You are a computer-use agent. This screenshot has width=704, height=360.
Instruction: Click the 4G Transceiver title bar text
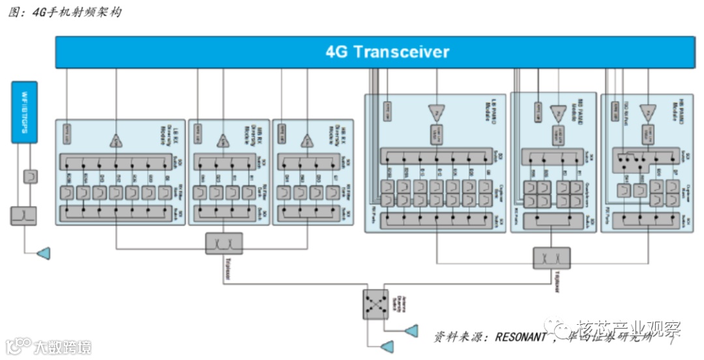(x=387, y=52)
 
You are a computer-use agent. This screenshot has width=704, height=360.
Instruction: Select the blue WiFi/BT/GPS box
(x=25, y=112)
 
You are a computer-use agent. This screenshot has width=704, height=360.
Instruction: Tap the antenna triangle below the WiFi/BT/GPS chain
(x=43, y=252)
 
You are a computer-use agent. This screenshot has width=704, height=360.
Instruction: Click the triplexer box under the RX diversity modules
(x=224, y=243)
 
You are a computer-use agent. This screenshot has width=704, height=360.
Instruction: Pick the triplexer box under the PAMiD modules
(x=551, y=258)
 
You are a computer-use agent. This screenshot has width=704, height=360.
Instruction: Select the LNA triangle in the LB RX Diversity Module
(x=116, y=140)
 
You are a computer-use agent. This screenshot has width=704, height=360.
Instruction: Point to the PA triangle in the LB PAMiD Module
(x=435, y=112)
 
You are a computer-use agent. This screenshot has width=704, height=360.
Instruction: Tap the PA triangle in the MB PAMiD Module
(x=559, y=113)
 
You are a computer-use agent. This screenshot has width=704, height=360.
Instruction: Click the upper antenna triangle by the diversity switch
(x=411, y=331)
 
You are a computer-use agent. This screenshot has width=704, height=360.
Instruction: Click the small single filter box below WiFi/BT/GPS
(x=30, y=176)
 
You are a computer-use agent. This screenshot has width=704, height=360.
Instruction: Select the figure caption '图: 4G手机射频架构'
(x=65, y=12)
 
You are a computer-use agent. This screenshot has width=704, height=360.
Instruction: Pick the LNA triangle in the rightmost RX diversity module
(x=306, y=140)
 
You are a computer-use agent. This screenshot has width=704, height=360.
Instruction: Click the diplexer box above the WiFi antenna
(x=23, y=215)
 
